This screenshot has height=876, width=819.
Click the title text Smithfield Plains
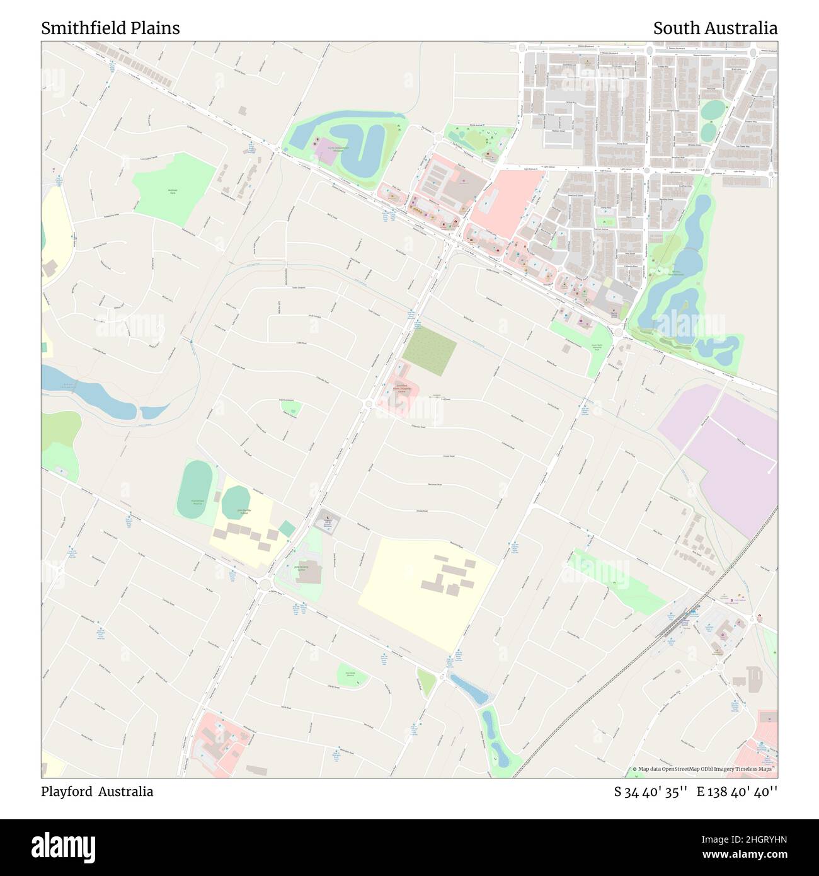110,28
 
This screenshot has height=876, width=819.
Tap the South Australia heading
714,28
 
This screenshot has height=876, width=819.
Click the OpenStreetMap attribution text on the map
706,769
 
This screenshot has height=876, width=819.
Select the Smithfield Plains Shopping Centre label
401,389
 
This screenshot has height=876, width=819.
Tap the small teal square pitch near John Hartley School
287,528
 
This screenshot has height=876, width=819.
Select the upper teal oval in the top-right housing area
713,110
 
